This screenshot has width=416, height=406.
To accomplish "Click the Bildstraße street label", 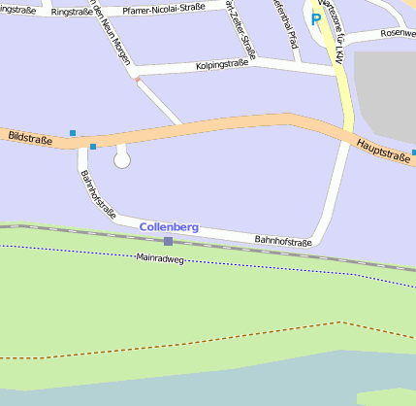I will [x=30, y=139].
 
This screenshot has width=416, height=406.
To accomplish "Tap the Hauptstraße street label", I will [x=383, y=149].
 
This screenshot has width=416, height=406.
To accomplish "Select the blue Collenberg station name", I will [x=169, y=226].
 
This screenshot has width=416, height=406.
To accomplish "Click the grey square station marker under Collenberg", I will [x=168, y=241].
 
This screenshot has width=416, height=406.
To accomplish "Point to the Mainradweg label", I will [x=160, y=259].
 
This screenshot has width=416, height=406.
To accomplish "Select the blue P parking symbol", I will [x=315, y=18].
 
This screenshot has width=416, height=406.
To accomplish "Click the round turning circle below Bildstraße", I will [x=122, y=159].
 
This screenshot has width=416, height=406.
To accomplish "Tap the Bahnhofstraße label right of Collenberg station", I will [x=282, y=241].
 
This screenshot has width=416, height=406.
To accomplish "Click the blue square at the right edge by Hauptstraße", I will [x=413, y=152].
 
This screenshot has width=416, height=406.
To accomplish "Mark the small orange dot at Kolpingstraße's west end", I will [x=137, y=80].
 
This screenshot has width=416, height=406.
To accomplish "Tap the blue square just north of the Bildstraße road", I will [x=73, y=132].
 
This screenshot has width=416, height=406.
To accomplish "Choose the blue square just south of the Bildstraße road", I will [x=93, y=147].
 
